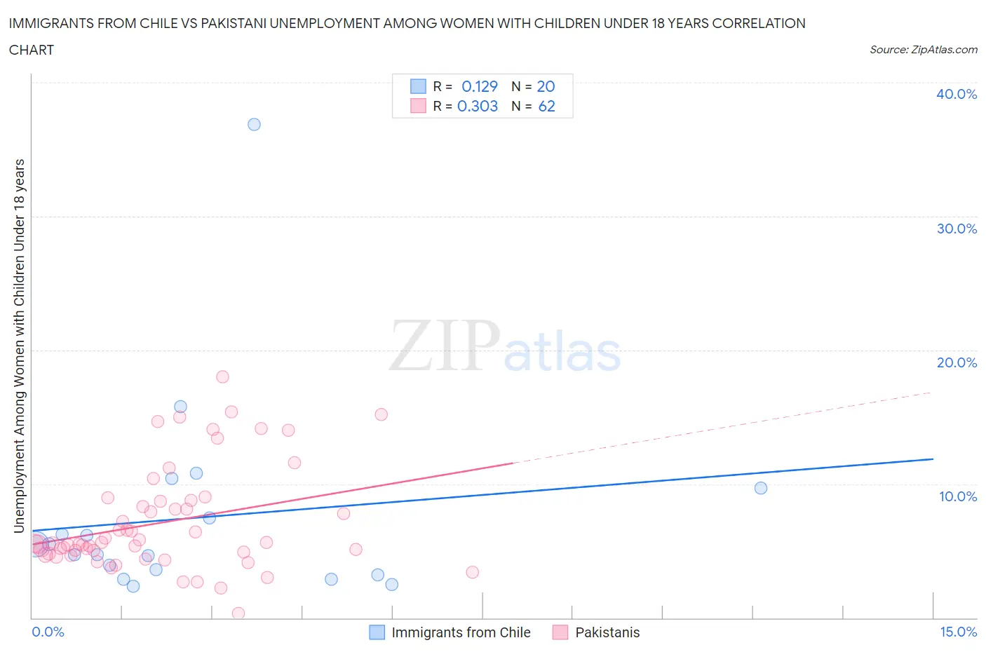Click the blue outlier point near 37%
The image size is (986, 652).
[x=254, y=124]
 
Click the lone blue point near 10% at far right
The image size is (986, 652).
[x=761, y=488]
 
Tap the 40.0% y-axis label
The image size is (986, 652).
[x=957, y=94]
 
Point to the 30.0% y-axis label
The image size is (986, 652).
[x=957, y=229]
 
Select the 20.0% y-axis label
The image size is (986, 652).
[x=957, y=362]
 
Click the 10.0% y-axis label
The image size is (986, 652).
[x=957, y=496]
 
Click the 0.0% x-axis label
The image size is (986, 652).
[x=48, y=632]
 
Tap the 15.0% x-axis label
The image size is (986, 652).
[x=958, y=632]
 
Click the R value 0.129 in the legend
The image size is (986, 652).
[x=480, y=86]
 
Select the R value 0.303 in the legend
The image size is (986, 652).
[x=478, y=106]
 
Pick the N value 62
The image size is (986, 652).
[x=546, y=106]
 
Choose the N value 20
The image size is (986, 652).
[x=546, y=86]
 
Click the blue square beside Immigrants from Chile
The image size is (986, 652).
[x=377, y=632]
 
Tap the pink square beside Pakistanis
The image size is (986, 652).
[x=560, y=632]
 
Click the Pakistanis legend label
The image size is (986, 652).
[x=607, y=632]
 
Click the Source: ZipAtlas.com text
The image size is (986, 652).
[x=923, y=50]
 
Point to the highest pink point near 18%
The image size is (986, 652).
[x=222, y=376]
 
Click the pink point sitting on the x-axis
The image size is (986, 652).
[x=238, y=613]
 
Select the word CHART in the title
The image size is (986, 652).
[x=32, y=50]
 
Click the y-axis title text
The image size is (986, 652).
[x=20, y=345]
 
